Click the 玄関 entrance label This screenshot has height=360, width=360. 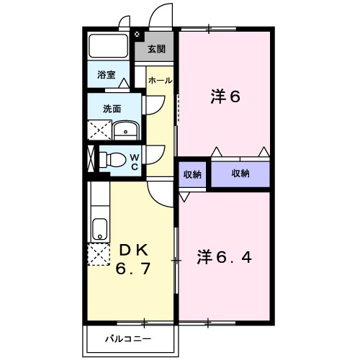[156, 49]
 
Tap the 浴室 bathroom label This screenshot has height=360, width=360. [107, 73]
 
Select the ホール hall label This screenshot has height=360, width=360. [160, 81]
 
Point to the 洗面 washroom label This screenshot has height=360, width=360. [112, 109]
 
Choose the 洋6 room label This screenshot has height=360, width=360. [225, 98]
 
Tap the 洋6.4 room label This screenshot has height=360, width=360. [225, 256]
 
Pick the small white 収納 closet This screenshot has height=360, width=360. [192, 174]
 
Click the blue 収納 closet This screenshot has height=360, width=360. [240, 174]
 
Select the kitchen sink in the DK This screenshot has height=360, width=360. [99, 230]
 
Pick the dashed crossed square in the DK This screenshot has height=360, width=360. [98, 256]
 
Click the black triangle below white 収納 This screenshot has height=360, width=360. [186, 194]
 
